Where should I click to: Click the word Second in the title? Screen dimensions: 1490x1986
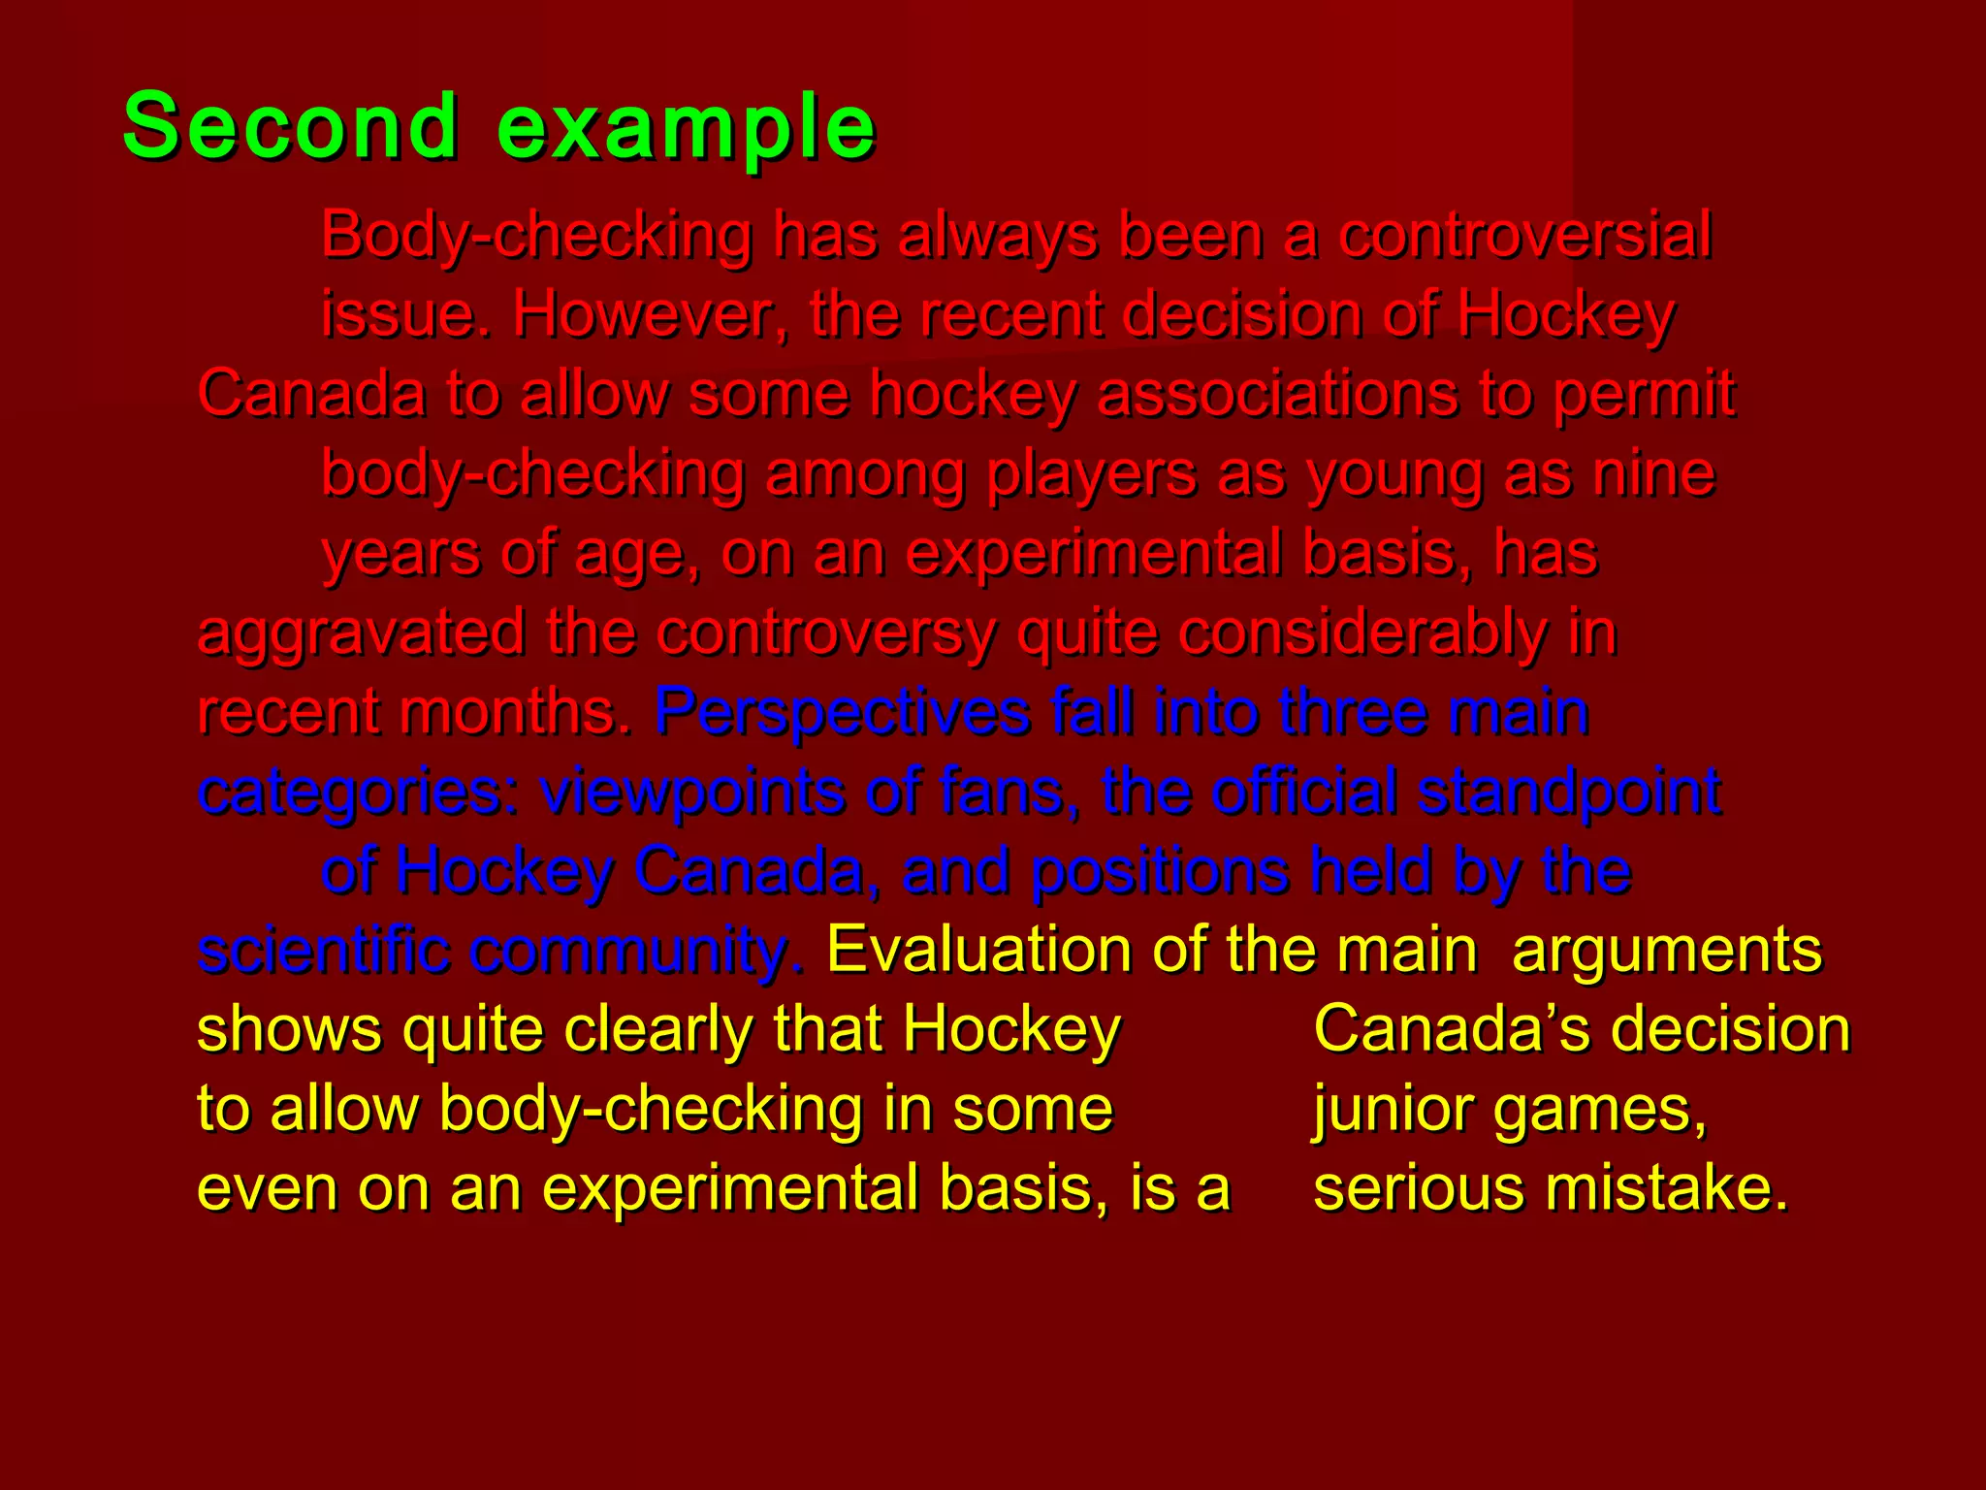click(x=289, y=126)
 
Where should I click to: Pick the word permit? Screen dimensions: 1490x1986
click(x=1644, y=396)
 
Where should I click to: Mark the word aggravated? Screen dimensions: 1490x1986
click(x=361, y=634)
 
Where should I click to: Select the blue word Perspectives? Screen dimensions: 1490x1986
click(x=842, y=714)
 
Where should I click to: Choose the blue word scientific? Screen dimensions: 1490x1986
click(x=323, y=951)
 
